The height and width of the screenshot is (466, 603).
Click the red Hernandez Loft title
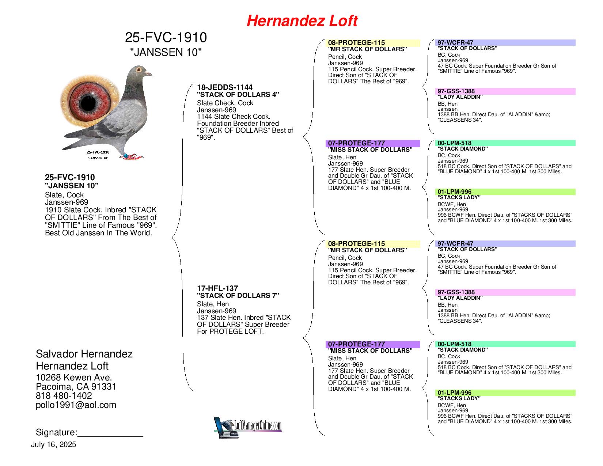[x=302, y=21]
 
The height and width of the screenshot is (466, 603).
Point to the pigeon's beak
[x=149, y=74]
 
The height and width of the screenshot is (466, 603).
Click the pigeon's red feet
[x=132, y=157]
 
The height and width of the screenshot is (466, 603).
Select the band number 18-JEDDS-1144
[x=224, y=87]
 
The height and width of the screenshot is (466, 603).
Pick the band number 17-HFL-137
[x=217, y=288]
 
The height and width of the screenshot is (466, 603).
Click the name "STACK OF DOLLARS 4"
[x=238, y=95]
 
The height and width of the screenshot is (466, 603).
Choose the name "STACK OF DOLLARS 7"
[x=238, y=296]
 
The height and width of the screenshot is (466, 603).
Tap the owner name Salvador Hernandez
[x=84, y=354]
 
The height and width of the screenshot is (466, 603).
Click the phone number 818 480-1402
[x=64, y=396]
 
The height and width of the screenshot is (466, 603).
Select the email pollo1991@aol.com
[x=76, y=405]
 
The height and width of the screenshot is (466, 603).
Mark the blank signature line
[x=110, y=437]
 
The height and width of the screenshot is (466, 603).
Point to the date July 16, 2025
[x=53, y=445]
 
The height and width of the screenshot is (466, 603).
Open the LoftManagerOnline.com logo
[x=247, y=428]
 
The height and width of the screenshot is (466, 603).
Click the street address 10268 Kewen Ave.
[x=74, y=378]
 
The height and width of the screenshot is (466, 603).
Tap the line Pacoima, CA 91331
[x=76, y=387]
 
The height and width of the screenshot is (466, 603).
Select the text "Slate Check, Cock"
[x=225, y=103]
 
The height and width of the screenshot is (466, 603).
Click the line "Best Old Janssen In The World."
[x=99, y=233]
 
